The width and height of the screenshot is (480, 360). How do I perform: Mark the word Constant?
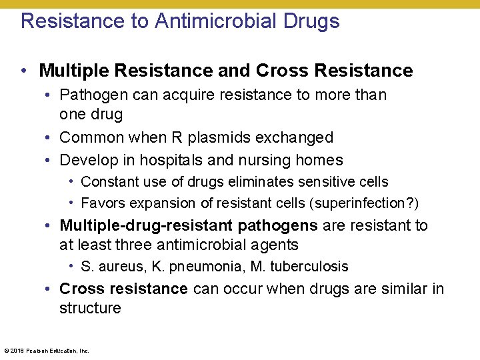click(107, 181)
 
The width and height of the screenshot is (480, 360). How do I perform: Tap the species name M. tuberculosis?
click(299, 267)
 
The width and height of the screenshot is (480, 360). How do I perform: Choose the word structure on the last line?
click(90, 308)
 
